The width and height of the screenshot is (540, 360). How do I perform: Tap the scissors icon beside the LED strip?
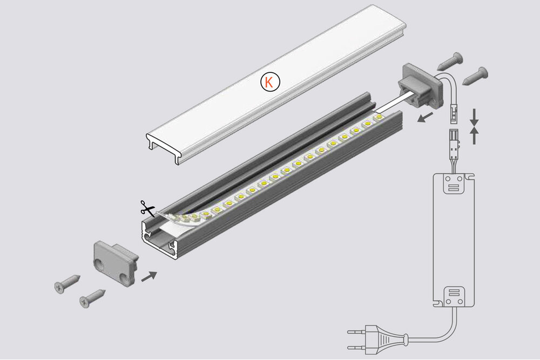146,208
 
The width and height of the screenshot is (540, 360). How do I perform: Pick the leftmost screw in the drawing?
67,284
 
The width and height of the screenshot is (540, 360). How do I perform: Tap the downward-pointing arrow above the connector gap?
474,115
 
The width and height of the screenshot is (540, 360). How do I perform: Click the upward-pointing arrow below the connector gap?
474,136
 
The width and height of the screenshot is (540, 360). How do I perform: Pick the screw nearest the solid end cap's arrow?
93,297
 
